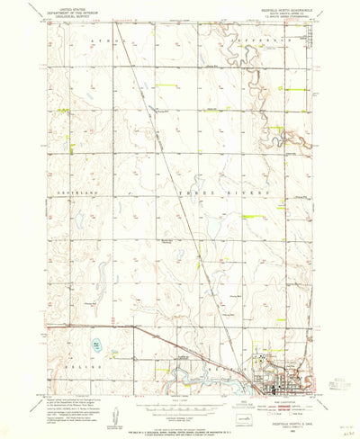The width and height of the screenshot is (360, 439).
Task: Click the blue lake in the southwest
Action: (96, 344)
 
